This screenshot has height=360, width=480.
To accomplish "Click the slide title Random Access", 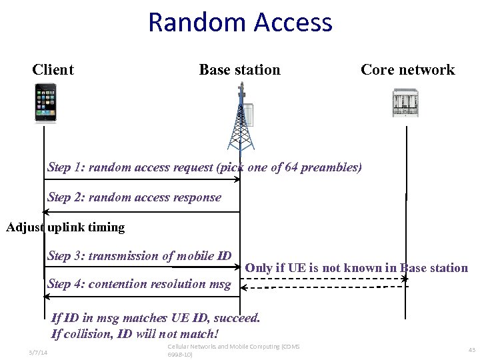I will [x=240, y=22].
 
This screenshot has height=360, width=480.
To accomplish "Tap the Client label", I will [x=53, y=70].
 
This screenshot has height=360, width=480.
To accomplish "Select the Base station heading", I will [x=239, y=70].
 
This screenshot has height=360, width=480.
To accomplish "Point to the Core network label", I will [x=407, y=70].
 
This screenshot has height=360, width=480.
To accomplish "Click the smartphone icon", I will [x=45, y=103].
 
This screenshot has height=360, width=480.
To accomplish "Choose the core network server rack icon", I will [x=405, y=103].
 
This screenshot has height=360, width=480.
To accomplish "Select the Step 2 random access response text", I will [x=134, y=197].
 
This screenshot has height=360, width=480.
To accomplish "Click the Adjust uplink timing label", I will [x=65, y=227].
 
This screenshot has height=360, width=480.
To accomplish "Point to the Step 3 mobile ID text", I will [x=139, y=256].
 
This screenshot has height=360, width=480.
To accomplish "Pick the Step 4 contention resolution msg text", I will [x=139, y=284].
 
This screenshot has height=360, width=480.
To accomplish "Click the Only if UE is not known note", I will [x=356, y=268].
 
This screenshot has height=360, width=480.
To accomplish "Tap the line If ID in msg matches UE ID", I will [x=155, y=318].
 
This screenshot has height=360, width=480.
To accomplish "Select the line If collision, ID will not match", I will [x=135, y=333].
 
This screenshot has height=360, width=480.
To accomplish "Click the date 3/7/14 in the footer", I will [x=38, y=352].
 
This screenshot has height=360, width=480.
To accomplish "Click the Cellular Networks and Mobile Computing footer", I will [x=233, y=351].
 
